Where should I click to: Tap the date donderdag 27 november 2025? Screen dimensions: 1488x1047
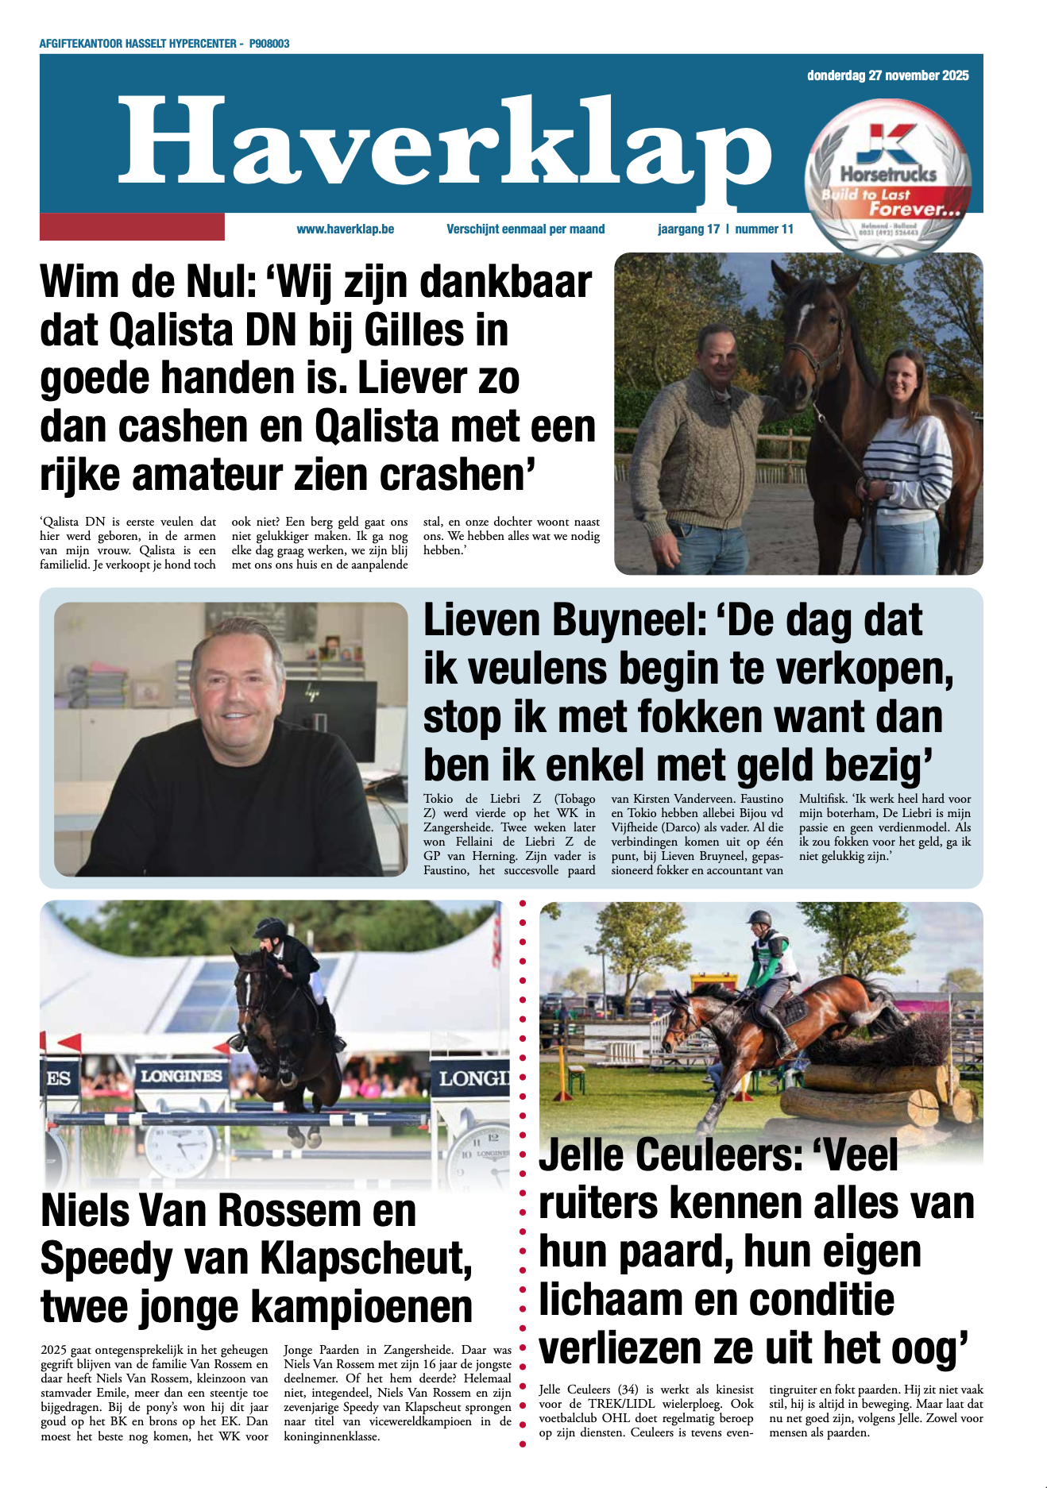pos(887,75)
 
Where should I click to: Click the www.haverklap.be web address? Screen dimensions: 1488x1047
pos(346,229)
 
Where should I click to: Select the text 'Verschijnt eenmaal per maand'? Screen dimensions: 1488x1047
pos(525,229)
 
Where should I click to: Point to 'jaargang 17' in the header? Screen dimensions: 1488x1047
pos(688,229)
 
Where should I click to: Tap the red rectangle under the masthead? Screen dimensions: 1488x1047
pos(132,226)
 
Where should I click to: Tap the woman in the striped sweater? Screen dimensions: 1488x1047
pos(906,445)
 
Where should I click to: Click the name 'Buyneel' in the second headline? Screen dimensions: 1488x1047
pos(628,621)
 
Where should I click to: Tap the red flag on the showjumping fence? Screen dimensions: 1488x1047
pos(69,1041)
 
